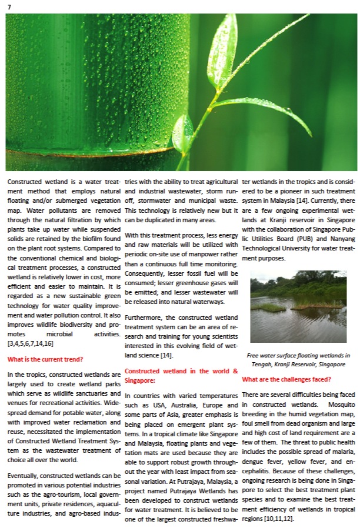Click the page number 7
tap(9, 6)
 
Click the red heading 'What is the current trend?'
tap(45, 359)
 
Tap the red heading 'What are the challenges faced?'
tap(285, 379)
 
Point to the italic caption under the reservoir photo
tap(298, 360)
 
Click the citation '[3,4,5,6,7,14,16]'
tap(29, 342)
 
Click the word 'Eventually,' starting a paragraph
tap(25, 474)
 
